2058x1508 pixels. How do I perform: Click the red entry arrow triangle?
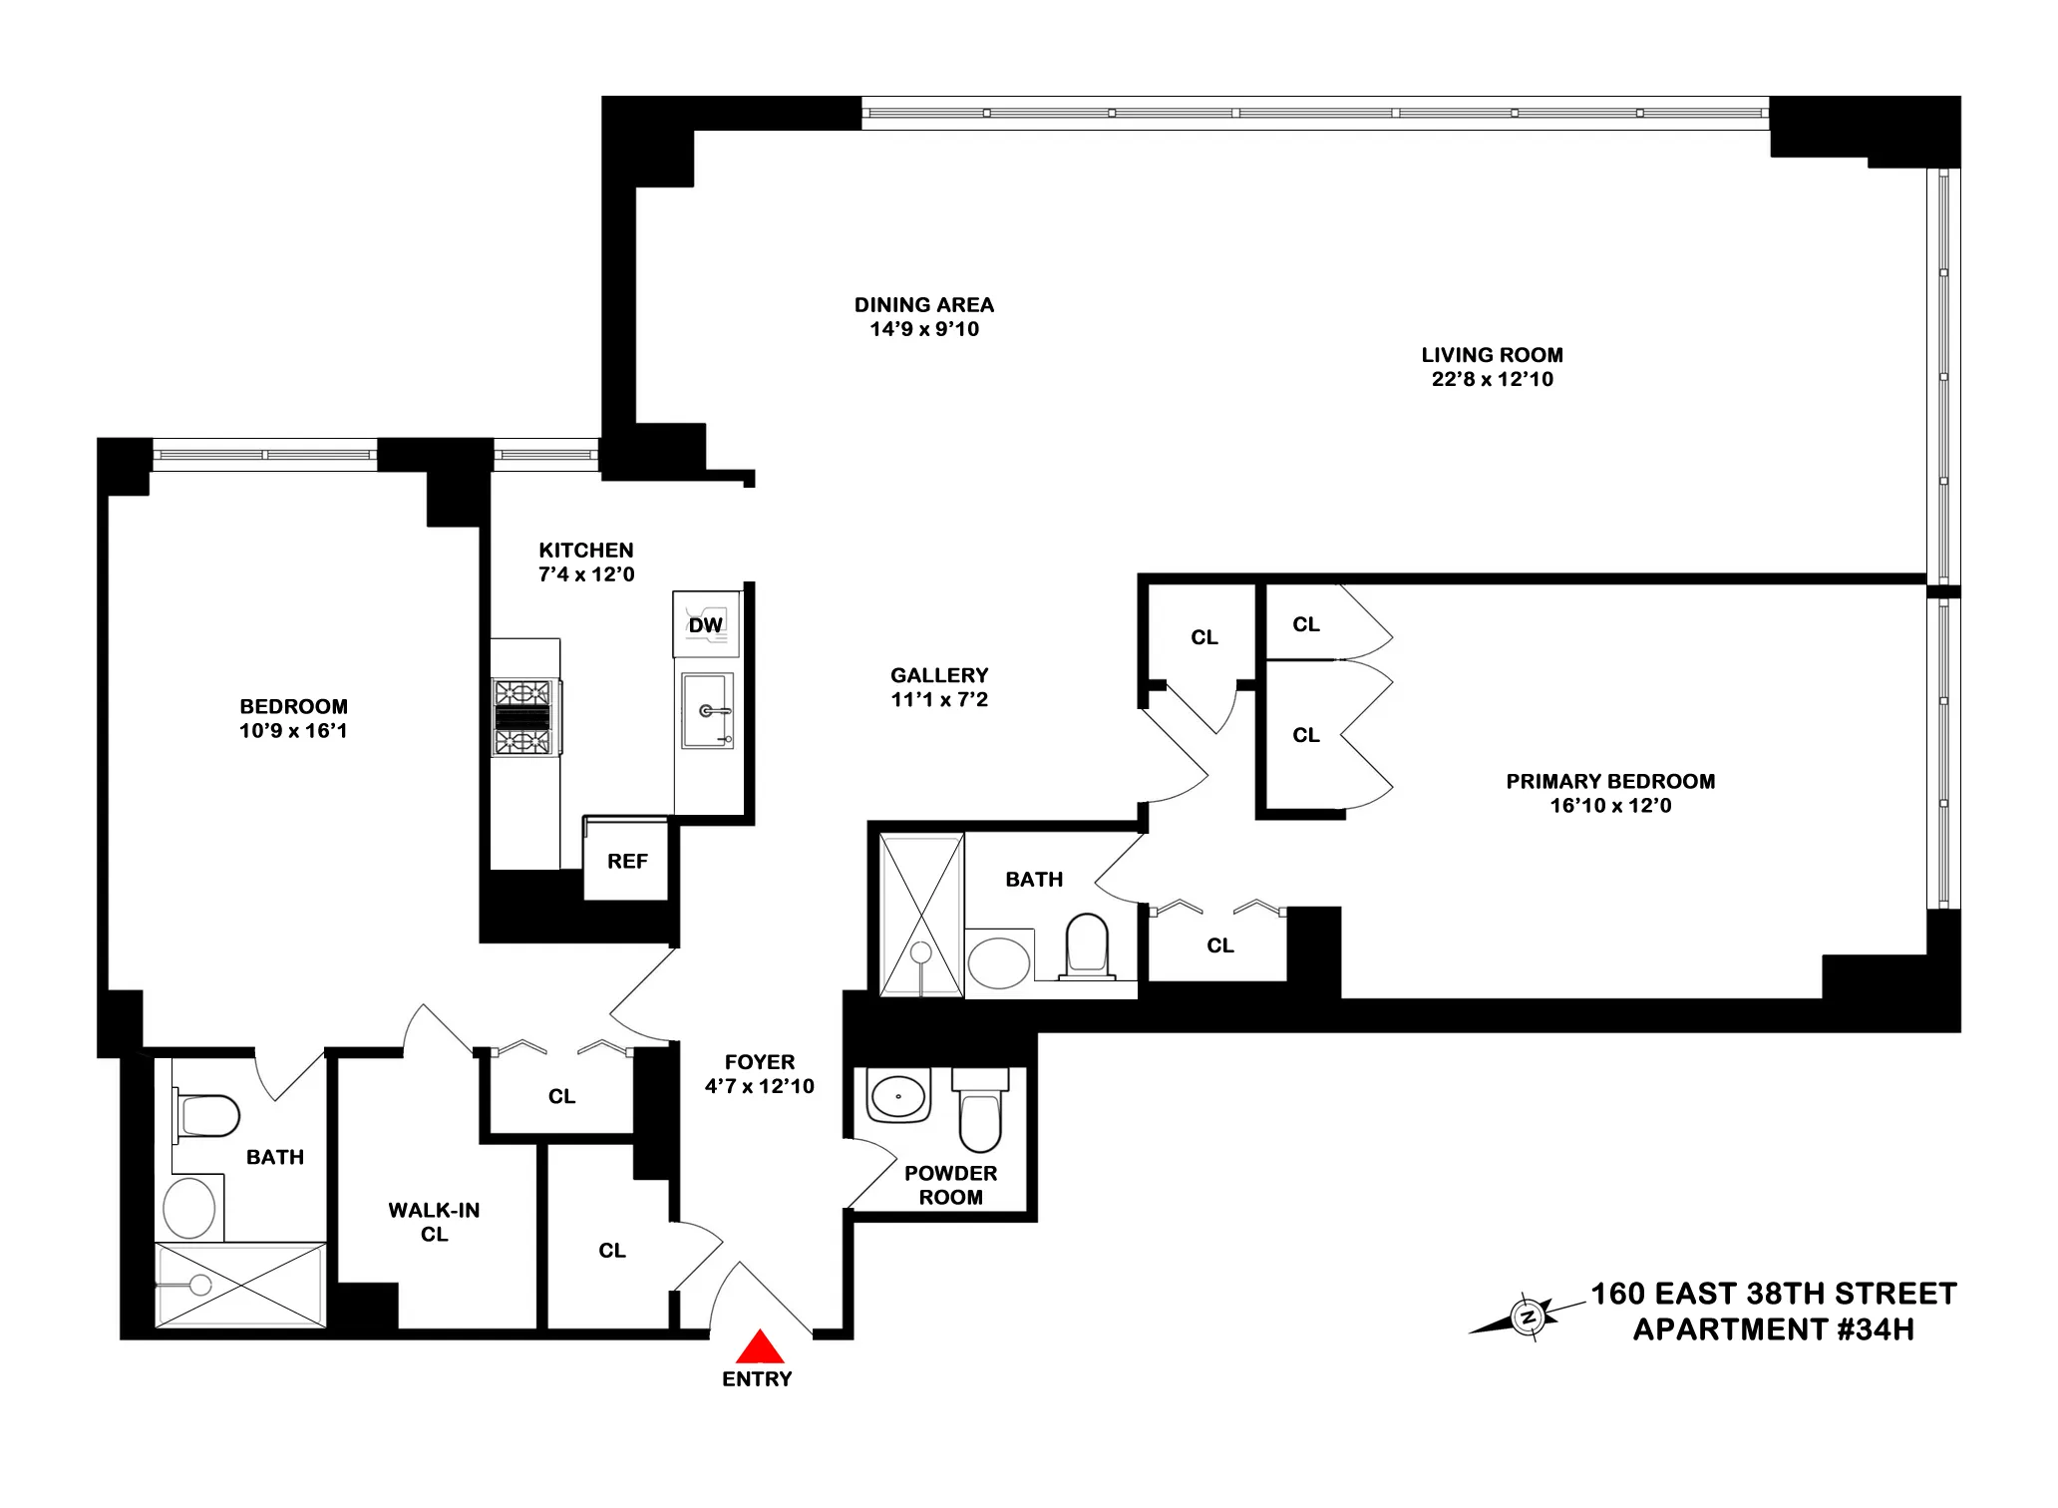point(760,1347)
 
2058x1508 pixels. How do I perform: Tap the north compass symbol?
point(1527,1318)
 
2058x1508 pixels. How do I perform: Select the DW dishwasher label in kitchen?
point(706,625)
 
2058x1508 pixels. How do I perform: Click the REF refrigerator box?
point(626,861)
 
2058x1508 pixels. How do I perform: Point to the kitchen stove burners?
point(522,717)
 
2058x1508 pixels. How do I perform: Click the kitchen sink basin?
point(706,710)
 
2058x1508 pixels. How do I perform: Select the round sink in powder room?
point(898,1096)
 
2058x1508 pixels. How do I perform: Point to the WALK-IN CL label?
point(434,1222)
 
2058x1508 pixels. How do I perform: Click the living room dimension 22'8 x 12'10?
point(1492,379)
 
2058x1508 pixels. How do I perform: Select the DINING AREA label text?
point(923,305)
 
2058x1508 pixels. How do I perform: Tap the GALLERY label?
point(939,675)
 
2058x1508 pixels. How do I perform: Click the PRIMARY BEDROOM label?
point(1609,781)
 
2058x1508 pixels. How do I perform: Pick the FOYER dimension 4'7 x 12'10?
point(759,1086)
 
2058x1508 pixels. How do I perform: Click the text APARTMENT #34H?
point(1773,1329)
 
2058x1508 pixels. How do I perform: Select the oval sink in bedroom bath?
point(189,1208)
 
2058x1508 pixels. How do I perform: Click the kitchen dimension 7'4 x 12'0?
point(586,574)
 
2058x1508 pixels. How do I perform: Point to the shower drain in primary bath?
point(921,952)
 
